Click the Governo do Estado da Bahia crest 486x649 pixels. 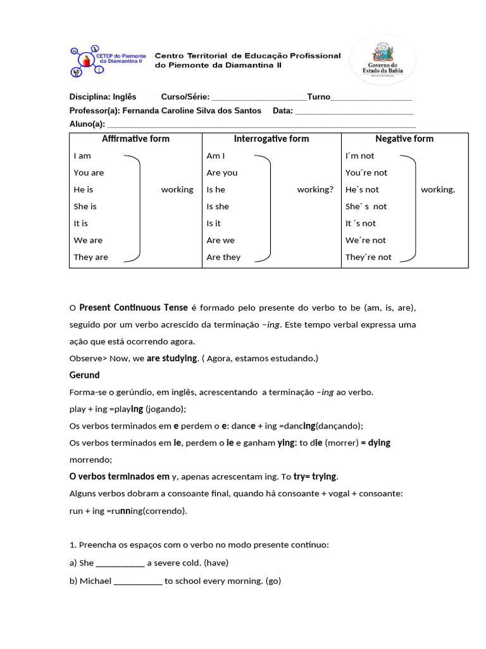click(x=382, y=60)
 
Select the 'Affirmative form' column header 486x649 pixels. click(x=135, y=139)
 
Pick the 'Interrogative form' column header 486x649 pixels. click(x=271, y=139)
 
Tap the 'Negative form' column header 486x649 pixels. click(x=404, y=139)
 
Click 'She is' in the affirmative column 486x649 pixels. click(x=85, y=207)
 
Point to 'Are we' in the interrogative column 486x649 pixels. click(x=220, y=241)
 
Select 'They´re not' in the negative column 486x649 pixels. click(x=368, y=257)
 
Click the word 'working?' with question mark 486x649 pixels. click(x=315, y=190)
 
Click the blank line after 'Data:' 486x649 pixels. click(x=354, y=112)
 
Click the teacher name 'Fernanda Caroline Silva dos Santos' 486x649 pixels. click(x=191, y=111)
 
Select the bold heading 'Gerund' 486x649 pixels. click(x=84, y=375)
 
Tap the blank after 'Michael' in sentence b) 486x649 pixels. click(x=138, y=581)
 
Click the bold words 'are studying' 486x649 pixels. click(x=172, y=359)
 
